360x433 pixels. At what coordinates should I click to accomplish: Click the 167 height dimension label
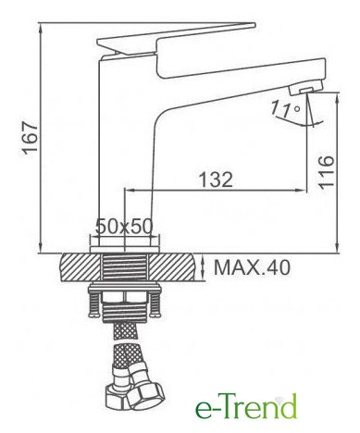click(30, 137)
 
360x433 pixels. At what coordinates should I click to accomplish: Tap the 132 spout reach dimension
click(216, 179)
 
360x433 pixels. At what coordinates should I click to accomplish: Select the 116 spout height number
click(327, 171)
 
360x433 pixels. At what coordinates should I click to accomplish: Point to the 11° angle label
click(286, 110)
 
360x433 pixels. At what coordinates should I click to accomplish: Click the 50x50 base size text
click(124, 227)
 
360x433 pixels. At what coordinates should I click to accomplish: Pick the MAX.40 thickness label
click(252, 267)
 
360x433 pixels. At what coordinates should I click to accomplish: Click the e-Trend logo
click(245, 406)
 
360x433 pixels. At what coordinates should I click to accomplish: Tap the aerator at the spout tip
click(305, 88)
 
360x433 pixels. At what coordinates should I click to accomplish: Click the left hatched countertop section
click(81, 266)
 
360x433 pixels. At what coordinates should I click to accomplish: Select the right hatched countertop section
click(172, 266)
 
